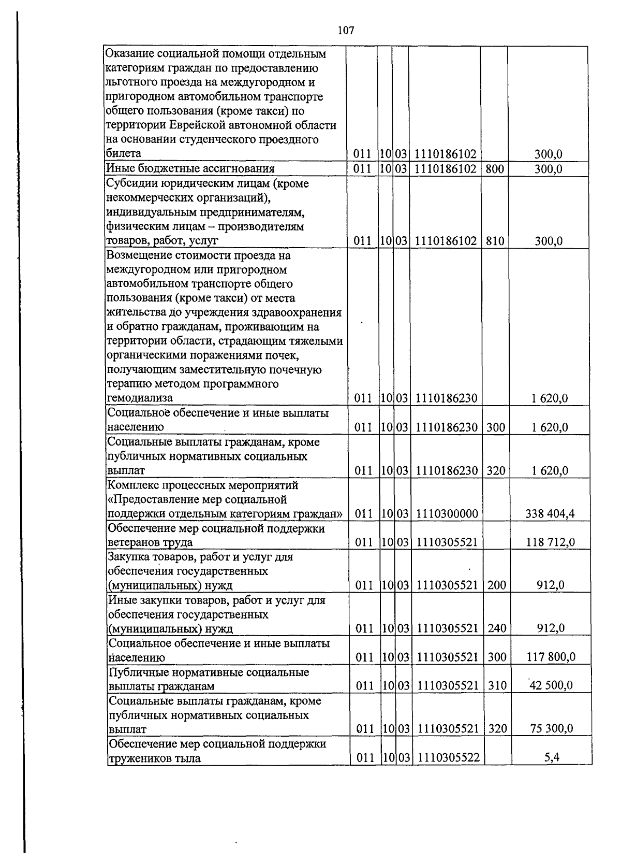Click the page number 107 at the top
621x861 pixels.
(346, 31)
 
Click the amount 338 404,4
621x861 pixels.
(550, 514)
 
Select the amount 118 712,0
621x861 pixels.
(550, 542)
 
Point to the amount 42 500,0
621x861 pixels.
(551, 686)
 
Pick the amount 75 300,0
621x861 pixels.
(552, 729)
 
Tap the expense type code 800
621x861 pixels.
(495, 169)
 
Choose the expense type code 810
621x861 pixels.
(495, 241)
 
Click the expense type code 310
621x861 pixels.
(497, 686)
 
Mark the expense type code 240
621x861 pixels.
(497, 629)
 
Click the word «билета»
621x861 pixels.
(123, 153)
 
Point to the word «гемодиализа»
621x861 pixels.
(140, 398)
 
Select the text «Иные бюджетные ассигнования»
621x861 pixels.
(190, 169)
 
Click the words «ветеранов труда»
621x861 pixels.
(150, 542)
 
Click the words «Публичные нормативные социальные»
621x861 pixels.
(209, 672)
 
